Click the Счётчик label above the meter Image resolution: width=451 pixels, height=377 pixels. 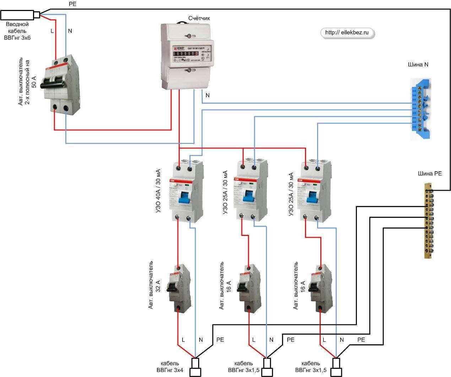point(199,18)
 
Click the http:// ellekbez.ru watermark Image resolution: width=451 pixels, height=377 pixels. point(347,33)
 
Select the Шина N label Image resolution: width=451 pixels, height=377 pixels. point(418,65)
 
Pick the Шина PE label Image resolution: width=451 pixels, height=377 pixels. point(430,174)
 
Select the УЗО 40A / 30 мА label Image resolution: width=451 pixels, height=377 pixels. point(158,191)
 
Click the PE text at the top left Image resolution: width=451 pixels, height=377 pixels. point(72,4)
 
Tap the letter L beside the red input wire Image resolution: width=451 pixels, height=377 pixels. point(52,31)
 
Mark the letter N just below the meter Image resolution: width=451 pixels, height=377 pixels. point(208,95)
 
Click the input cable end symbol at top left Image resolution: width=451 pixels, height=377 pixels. point(20,15)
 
